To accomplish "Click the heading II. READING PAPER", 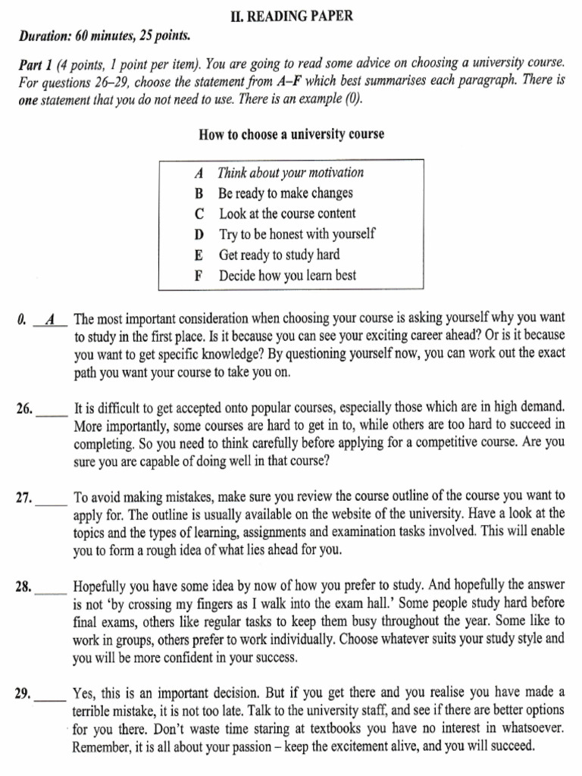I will click(291, 15).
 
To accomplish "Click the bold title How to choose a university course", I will click(291, 134).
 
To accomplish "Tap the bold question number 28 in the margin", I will click(23, 587).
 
